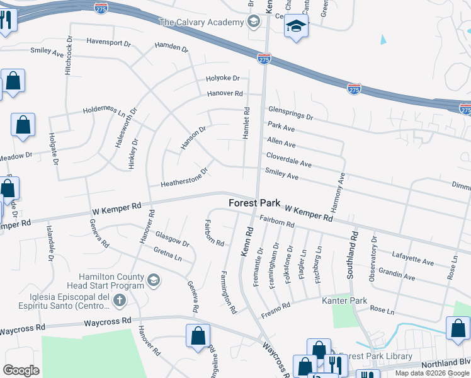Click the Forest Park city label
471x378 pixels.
(254, 203)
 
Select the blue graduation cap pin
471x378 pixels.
(295, 26)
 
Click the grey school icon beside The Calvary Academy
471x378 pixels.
(253, 23)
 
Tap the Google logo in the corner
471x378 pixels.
(21, 370)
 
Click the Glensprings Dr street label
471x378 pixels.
(290, 114)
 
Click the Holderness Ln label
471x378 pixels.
(105, 111)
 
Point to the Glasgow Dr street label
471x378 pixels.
(172, 239)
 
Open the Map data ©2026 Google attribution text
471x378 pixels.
(431, 373)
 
